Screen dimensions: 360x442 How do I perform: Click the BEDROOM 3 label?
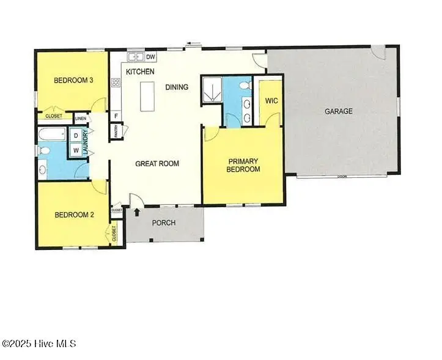coord(73,80)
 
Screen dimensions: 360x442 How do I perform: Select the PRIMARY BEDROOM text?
coord(244,165)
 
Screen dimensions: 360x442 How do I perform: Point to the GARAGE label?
coord(339,111)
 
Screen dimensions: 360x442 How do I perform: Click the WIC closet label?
coord(272,101)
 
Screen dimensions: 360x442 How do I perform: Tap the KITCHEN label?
coord(140,72)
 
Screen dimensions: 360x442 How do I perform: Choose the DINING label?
coord(177,87)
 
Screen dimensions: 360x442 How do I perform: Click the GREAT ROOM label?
coord(157,163)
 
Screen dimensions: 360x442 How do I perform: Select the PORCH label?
coord(164,222)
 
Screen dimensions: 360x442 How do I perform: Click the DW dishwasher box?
coord(150,57)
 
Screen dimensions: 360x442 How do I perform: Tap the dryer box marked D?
coord(76,136)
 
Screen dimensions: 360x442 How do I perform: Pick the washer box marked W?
coord(76,150)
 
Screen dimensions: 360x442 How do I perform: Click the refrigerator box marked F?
coord(116,116)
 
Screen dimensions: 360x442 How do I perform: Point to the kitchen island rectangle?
coord(147,97)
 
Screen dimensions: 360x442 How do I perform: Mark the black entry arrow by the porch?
coord(137,212)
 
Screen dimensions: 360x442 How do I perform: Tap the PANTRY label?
coord(116,131)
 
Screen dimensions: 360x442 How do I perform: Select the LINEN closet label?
coord(81,119)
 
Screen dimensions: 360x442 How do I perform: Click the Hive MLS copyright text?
coord(39,344)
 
